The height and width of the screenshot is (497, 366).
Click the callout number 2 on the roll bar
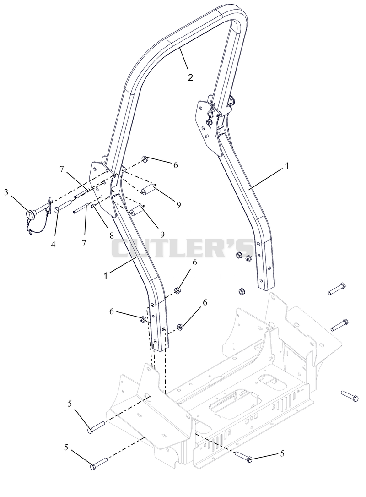click(190, 77)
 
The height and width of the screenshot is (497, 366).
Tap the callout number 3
click(6, 192)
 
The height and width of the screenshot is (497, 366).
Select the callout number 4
click(53, 245)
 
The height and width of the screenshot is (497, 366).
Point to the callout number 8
click(112, 236)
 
